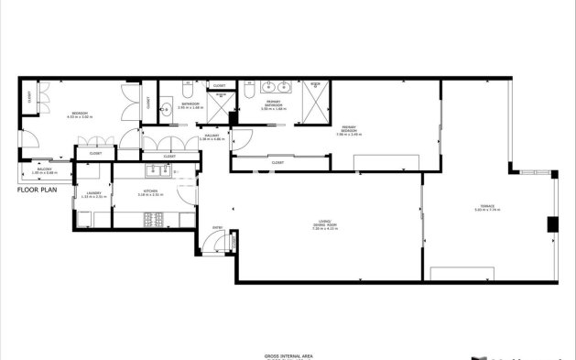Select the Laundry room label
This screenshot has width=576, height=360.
(x=92, y=194)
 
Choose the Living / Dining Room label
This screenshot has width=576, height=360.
(x=324, y=226)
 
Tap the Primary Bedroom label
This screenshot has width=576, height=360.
(x=348, y=131)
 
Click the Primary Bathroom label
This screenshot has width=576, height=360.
(x=273, y=104)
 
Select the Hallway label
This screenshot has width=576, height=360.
(x=211, y=137)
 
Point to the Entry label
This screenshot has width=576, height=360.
(x=218, y=227)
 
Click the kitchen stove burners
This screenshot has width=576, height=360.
(x=154, y=221)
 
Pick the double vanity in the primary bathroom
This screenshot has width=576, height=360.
(x=273, y=88)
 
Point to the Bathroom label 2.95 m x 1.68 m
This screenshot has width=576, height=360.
(x=190, y=104)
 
